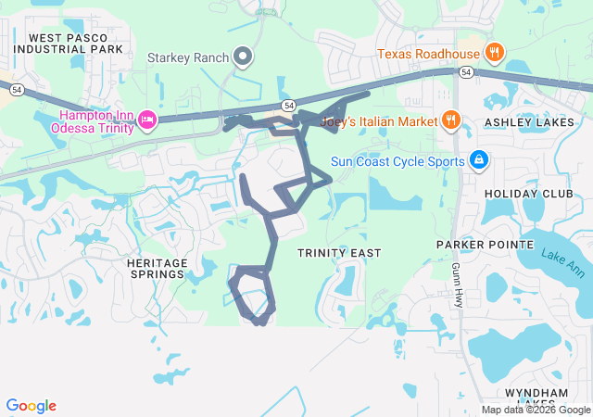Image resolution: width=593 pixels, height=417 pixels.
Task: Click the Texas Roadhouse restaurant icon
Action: point(494,53)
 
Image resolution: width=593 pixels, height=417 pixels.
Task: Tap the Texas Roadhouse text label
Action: point(427,54)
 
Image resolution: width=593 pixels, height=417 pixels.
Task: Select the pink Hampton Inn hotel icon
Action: point(146,119)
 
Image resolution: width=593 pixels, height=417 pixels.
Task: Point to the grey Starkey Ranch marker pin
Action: point(243,57)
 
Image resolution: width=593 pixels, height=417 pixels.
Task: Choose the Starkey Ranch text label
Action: point(188,57)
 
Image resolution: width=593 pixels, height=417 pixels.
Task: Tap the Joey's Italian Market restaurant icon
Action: point(451,119)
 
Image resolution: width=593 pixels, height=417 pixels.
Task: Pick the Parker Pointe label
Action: point(486,245)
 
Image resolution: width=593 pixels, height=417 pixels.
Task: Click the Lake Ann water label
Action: point(564,268)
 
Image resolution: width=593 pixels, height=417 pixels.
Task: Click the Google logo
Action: point(31,406)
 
